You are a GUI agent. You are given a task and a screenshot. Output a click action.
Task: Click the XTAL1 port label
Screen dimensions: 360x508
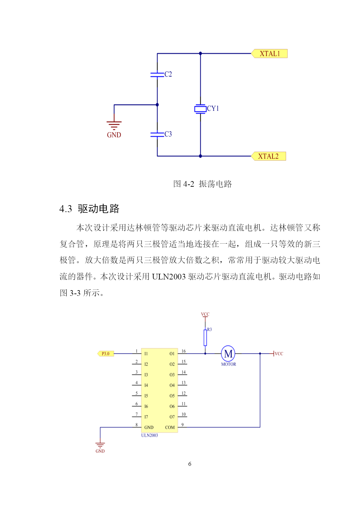pyautogui.click(x=269, y=54)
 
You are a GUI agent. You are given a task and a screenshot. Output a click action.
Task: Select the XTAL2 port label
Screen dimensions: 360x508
pyautogui.click(x=269, y=156)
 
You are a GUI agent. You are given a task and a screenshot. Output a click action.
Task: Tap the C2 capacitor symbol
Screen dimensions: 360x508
pyautogui.click(x=157, y=75)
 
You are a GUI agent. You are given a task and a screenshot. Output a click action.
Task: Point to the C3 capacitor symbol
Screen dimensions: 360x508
pyautogui.click(x=157, y=135)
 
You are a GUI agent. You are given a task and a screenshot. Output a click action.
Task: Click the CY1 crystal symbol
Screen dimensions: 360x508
pyautogui.click(x=200, y=109)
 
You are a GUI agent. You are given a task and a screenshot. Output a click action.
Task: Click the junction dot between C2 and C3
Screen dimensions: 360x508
pyautogui.click(x=157, y=105)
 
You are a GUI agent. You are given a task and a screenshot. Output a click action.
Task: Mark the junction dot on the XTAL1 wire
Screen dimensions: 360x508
pyautogui.click(x=200, y=54)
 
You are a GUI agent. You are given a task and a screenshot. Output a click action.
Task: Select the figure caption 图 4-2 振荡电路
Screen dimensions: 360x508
pyautogui.click(x=203, y=184)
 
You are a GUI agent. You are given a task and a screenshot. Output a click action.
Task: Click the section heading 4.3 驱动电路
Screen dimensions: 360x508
pyautogui.click(x=89, y=208)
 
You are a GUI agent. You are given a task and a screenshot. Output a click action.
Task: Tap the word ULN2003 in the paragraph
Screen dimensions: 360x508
pyautogui.click(x=169, y=277)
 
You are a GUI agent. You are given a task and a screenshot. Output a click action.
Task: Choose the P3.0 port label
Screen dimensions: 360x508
pyautogui.click(x=105, y=354)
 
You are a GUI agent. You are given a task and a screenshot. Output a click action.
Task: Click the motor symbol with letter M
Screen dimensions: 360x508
pyautogui.click(x=228, y=354)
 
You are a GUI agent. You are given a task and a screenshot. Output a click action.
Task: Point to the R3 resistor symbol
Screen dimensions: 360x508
pyautogui.click(x=205, y=338)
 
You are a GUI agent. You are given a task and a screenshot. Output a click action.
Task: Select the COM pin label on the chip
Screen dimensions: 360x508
pyautogui.click(x=170, y=427)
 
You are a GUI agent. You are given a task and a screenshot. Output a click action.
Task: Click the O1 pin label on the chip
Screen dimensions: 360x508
pyautogui.click(x=172, y=354)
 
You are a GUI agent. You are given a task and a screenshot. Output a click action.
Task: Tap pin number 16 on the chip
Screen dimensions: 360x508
pyautogui.click(x=184, y=351)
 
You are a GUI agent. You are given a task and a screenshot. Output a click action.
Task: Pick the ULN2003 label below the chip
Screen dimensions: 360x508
pyautogui.click(x=149, y=435)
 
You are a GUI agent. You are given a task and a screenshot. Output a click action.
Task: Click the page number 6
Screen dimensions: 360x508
pyautogui.click(x=190, y=464)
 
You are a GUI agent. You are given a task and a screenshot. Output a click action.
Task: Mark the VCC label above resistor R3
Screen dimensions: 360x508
pyautogui.click(x=205, y=314)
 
